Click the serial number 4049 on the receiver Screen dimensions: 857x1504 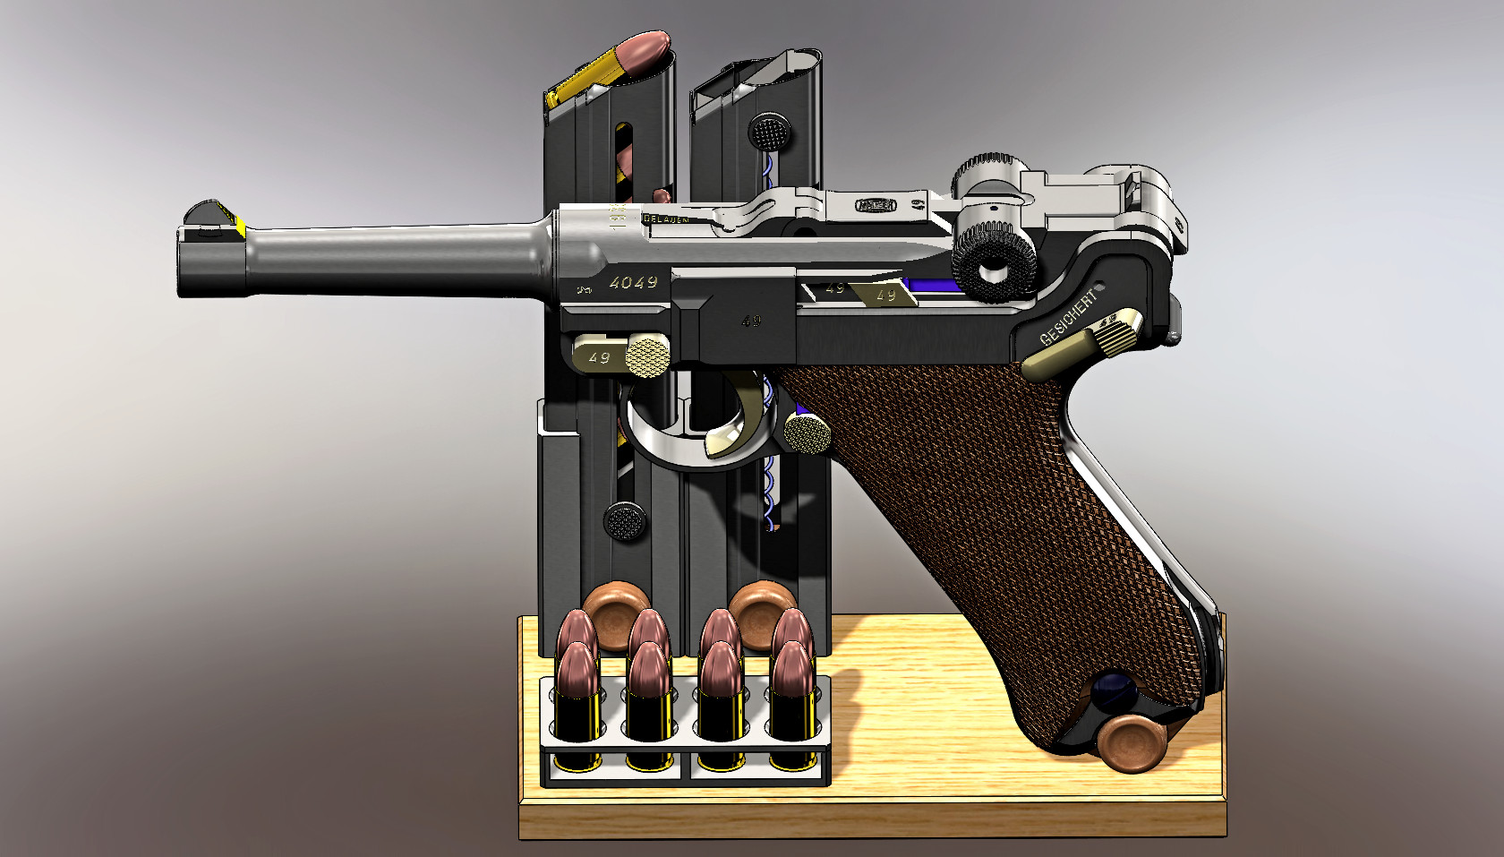tap(634, 283)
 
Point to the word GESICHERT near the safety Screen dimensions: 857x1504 tap(1068, 318)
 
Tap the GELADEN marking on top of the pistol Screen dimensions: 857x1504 tap(667, 219)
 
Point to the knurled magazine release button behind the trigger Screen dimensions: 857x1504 tap(808, 433)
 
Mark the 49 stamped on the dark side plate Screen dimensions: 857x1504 tap(751, 321)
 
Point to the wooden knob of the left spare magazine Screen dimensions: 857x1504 tap(618, 613)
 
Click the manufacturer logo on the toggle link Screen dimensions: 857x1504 tap(876, 205)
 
